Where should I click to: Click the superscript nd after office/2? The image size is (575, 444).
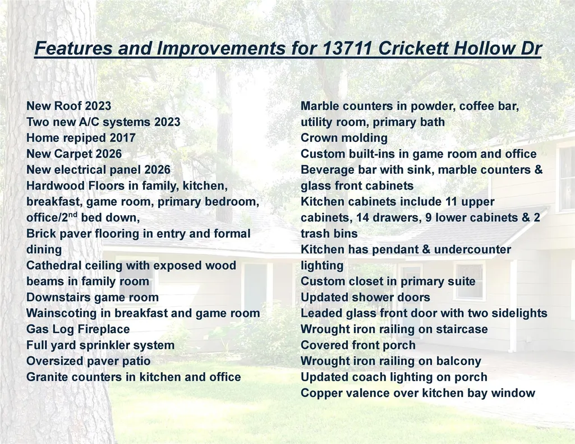point(72,215)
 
